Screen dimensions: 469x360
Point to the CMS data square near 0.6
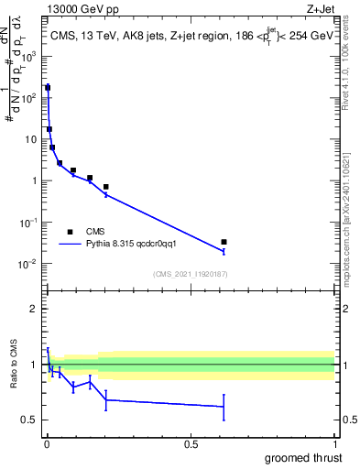coord(224,242)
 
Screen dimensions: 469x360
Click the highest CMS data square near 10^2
coord(48,88)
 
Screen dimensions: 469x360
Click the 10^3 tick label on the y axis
coord(30,56)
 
